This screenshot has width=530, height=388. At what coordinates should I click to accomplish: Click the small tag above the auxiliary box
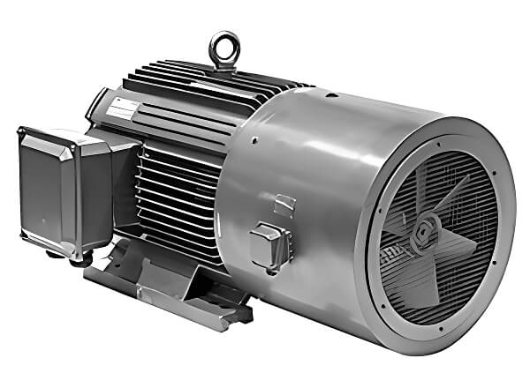[284, 204]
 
